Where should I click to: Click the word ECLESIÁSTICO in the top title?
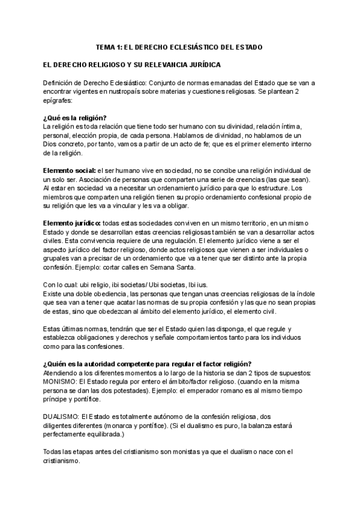pyautogui.click(x=180, y=46)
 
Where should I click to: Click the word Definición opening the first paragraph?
pyautogui.click(x=59, y=82)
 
